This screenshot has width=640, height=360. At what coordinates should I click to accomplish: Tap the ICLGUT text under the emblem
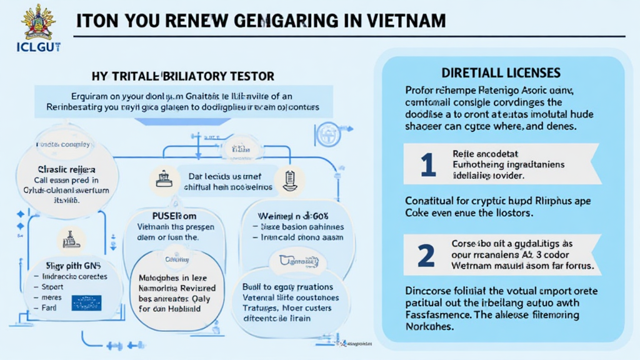point(38,46)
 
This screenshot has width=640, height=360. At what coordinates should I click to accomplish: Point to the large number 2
point(426,254)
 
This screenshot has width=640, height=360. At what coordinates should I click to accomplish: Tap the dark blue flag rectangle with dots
point(86,302)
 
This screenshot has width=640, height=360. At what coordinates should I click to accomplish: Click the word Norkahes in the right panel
point(428,327)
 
